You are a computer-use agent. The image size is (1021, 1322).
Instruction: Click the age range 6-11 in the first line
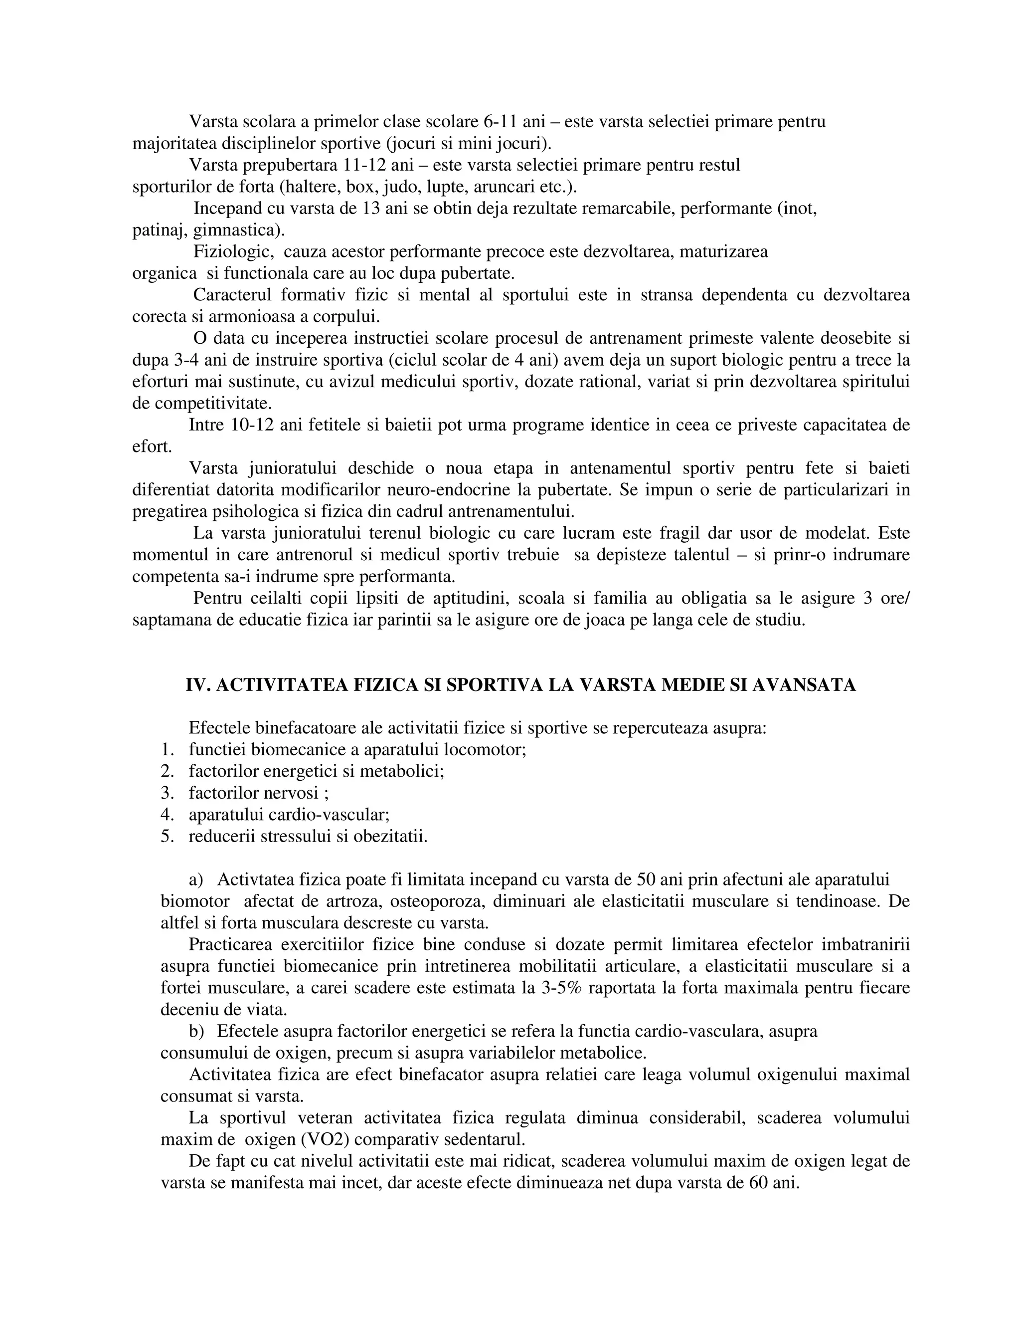click(500, 122)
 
